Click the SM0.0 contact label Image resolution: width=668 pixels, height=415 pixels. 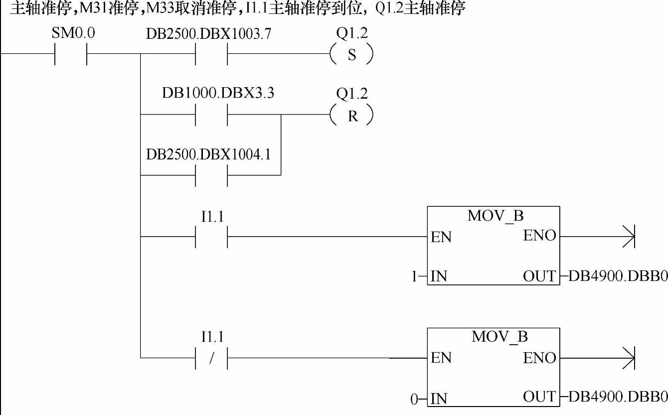73,34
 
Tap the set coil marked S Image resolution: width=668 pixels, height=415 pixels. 352,55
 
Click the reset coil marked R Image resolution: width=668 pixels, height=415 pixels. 352,116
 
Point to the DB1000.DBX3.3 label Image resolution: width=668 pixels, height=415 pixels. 218,93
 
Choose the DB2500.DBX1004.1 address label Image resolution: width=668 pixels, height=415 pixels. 208,154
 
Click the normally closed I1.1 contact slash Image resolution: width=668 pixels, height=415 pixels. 211,358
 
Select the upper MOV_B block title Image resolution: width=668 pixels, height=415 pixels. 496,216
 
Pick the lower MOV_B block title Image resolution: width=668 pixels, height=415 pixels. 499,337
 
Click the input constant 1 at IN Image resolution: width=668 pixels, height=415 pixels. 414,276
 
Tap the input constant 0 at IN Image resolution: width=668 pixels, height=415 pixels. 414,399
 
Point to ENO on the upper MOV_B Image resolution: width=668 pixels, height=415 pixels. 539,236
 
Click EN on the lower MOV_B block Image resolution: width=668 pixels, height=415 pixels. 441,358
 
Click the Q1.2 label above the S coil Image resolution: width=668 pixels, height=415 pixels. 352,33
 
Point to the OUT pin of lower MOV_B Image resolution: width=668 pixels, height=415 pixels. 539,397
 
